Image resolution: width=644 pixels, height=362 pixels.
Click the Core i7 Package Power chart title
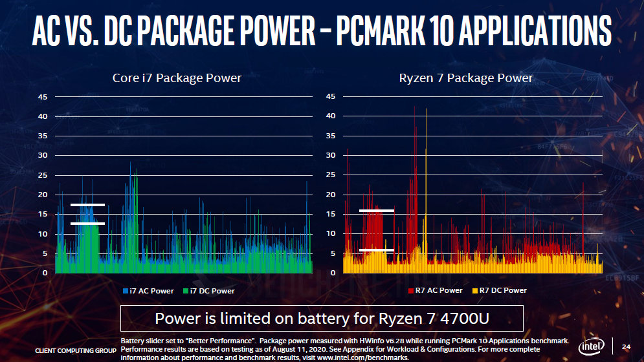tap(177, 78)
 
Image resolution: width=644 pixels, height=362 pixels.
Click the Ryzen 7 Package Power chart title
tap(466, 78)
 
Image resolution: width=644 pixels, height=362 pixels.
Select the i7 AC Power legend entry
tap(149, 291)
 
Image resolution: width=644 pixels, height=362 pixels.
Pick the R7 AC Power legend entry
tap(436, 291)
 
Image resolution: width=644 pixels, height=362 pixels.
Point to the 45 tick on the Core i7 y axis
tap(42, 97)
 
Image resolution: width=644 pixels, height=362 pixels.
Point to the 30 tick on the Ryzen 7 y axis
tap(330, 156)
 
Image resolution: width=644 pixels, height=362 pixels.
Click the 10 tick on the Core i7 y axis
tap(42, 234)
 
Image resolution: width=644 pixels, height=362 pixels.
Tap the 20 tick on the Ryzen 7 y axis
tap(330, 195)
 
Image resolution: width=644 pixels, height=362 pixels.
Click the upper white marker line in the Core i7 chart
tap(87, 205)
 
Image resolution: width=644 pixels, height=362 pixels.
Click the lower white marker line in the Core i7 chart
tap(87, 224)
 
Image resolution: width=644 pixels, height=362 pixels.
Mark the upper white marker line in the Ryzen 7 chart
tap(376, 211)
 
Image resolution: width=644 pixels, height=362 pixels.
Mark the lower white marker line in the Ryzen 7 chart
tap(376, 250)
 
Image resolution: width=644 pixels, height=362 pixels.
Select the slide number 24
tap(625, 346)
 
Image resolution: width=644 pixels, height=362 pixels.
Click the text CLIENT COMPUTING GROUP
tap(74, 350)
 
